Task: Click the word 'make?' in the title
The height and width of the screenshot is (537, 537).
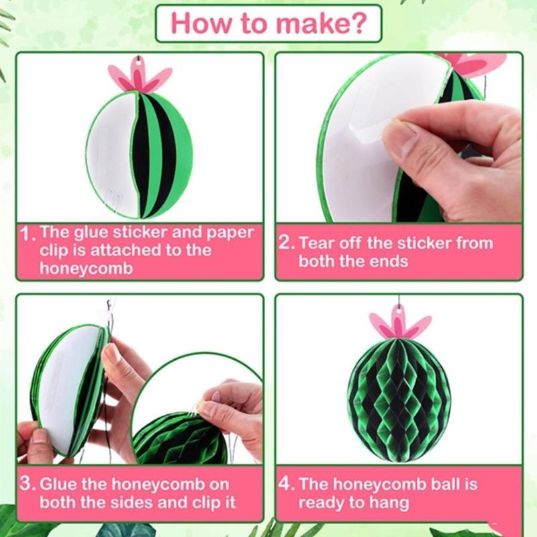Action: coord(322,23)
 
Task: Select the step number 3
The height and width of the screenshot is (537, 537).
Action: coord(27,484)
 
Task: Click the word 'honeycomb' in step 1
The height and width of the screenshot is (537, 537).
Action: coord(86,268)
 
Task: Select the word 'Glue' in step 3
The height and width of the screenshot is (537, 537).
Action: coord(58,484)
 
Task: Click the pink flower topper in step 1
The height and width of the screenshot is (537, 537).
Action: coord(139,75)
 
